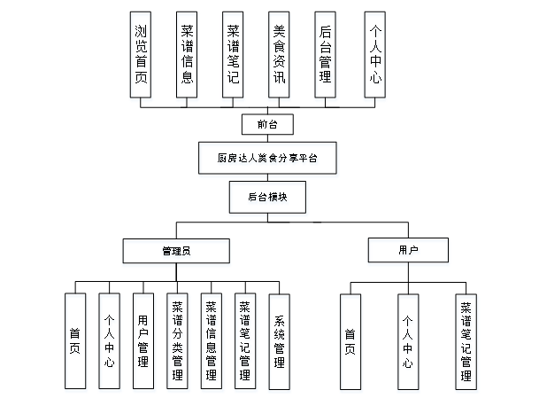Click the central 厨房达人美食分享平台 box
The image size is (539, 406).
pyautogui.click(x=266, y=159)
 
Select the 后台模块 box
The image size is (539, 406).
pyautogui.click(x=267, y=196)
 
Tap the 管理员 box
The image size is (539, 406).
pyautogui.click(x=175, y=251)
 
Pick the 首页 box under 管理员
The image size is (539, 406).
pyautogui.click(x=75, y=340)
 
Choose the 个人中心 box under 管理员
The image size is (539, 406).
pyautogui.click(x=109, y=340)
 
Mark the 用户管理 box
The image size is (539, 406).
pyautogui.click(x=142, y=340)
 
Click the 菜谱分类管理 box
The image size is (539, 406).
pyautogui.click(x=177, y=340)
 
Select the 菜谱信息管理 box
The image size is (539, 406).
pyautogui.click(x=211, y=340)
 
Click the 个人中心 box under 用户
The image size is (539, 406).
pyautogui.click(x=408, y=340)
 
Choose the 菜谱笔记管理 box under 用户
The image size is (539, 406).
pyautogui.click(x=466, y=340)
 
